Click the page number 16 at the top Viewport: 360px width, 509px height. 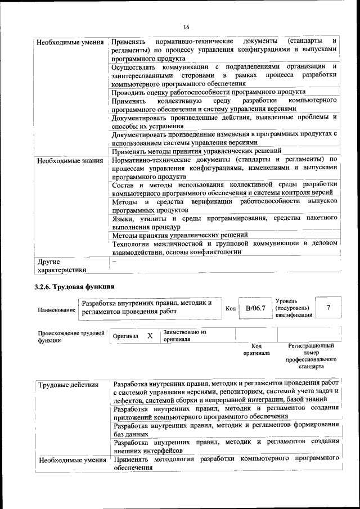pos(186,26)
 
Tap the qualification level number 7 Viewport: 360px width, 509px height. pos(328,307)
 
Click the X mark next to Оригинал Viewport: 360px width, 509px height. pos(150,336)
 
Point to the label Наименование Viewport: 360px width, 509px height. pos(56,309)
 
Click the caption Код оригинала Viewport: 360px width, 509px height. pos(256,349)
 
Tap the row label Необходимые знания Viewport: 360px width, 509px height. pos(70,161)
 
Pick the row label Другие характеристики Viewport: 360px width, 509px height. pos(59,265)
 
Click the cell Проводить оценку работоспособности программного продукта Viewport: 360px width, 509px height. pos(208,92)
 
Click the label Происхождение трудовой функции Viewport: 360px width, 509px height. pos(71,336)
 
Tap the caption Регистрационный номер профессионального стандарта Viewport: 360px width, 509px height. pos(311,356)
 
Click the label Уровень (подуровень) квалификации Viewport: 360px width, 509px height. pos(292,308)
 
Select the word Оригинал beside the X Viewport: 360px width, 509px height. pos(125,336)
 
